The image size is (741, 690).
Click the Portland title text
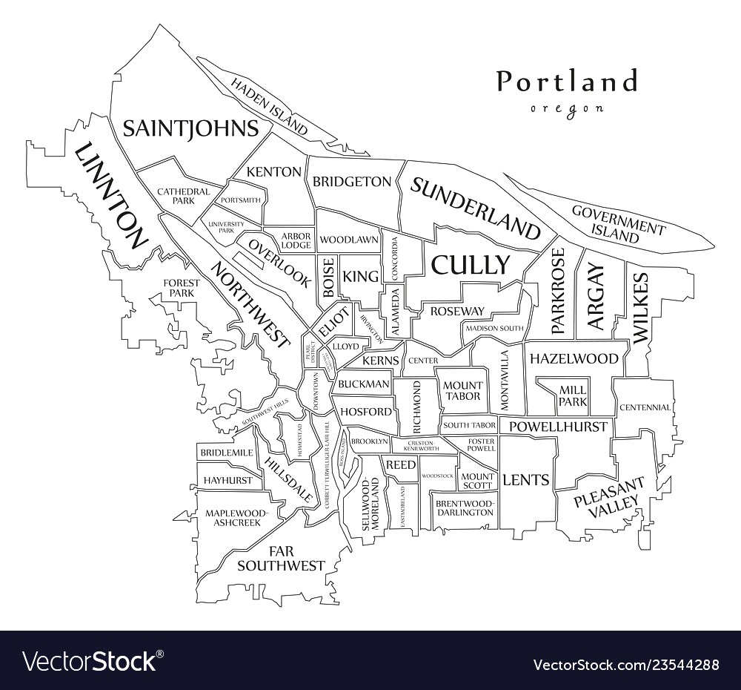click(x=567, y=82)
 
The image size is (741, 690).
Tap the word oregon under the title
click(x=567, y=108)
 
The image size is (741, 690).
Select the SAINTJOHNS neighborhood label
click(x=190, y=128)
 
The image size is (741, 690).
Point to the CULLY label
click(x=471, y=265)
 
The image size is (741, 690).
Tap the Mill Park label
click(x=573, y=395)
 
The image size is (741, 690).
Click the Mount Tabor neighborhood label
click(x=462, y=390)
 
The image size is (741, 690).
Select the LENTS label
click(x=526, y=480)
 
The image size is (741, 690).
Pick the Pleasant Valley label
click(x=608, y=498)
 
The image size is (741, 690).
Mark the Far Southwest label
click(x=280, y=558)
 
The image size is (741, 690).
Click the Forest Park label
click(x=182, y=288)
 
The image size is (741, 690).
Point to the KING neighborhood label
click(x=361, y=277)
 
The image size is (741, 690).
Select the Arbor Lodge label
click(x=296, y=240)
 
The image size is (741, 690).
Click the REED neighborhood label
click(x=399, y=464)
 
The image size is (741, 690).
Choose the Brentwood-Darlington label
click(x=464, y=507)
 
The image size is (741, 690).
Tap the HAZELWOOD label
click(x=574, y=358)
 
